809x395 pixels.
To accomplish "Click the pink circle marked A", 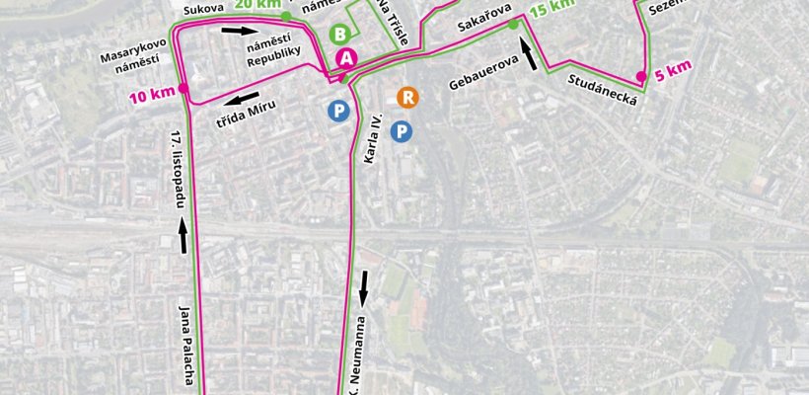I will coord(344,58).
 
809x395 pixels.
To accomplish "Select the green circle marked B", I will coord(340,35).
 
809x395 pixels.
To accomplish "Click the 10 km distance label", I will coord(151,95).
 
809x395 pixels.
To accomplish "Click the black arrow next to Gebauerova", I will coord(529,55).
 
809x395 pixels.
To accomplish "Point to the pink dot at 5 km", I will coord(640,76).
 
